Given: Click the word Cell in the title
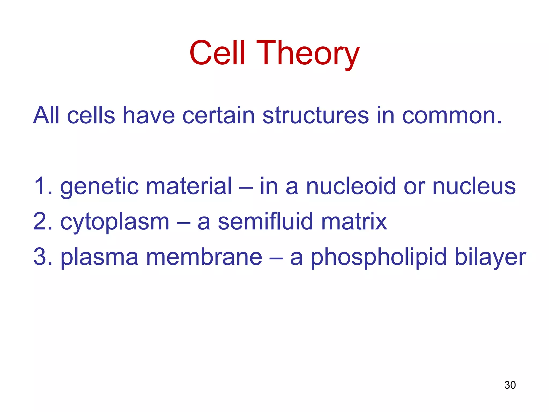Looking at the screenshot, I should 217,53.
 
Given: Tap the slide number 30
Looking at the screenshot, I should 510,385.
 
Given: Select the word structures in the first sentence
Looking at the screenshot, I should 316,116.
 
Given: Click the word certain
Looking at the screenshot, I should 218,116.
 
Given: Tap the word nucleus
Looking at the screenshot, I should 474,186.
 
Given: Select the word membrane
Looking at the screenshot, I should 204,257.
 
